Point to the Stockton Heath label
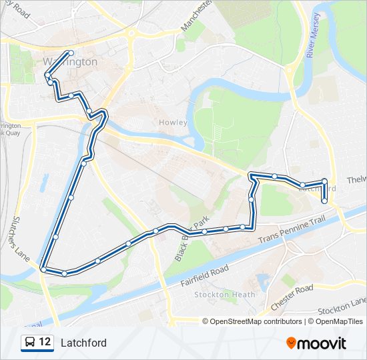tap(220, 295)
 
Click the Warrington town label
tap(70, 62)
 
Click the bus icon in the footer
tap(30, 343)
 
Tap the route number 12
tap(45, 343)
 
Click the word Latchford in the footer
tap(83, 343)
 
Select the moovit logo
tap(316, 343)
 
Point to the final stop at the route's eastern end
tap(325, 201)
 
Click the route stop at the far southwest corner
tap(43, 269)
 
